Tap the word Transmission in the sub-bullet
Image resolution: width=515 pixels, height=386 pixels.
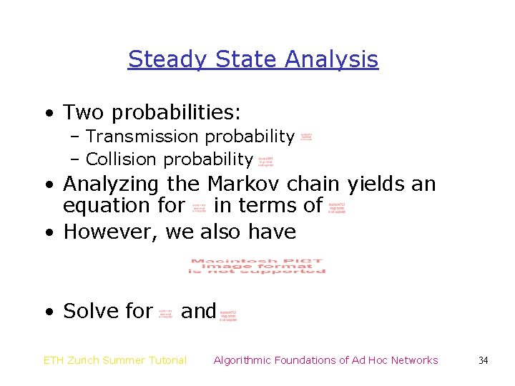[142, 136]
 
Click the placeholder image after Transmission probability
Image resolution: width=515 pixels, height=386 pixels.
[306, 136]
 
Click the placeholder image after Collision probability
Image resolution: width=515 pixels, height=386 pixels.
[265, 162]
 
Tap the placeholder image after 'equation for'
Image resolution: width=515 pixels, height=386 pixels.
[199, 207]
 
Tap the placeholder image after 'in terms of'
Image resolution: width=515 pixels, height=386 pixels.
[337, 208]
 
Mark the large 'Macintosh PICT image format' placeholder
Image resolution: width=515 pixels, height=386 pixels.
[257, 266]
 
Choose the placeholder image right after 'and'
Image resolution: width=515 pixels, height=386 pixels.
[228, 315]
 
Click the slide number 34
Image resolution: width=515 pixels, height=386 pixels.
[483, 360]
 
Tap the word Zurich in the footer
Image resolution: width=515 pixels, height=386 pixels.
[89, 360]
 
